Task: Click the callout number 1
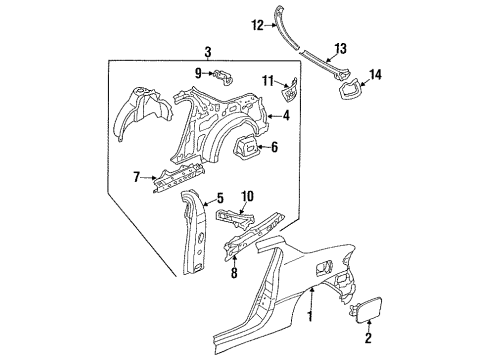click(311, 316)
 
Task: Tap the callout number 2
click(368, 338)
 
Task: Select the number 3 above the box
click(207, 52)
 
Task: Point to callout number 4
click(286, 116)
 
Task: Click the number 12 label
click(258, 25)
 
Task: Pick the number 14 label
click(375, 74)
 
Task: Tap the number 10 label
click(247, 196)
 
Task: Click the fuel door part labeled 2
click(366, 309)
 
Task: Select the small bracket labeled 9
click(224, 78)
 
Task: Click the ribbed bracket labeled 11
click(289, 89)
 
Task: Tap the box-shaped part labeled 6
click(246, 147)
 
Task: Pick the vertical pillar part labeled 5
click(193, 231)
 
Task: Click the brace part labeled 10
click(235, 219)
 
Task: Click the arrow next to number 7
click(148, 178)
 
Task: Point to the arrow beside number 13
click(331, 57)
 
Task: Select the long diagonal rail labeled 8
click(255, 236)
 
